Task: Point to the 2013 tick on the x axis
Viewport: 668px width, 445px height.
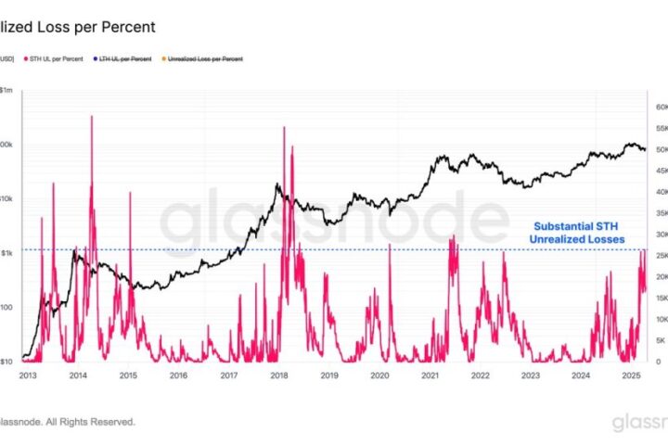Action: (28, 375)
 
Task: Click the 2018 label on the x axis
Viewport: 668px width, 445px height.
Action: (279, 375)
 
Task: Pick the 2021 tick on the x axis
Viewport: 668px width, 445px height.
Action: (430, 375)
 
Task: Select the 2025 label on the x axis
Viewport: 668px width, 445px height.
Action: (631, 375)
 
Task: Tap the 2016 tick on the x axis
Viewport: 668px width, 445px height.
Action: (179, 375)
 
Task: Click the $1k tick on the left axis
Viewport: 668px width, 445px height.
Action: (6, 252)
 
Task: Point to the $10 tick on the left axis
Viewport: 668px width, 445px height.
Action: (6, 362)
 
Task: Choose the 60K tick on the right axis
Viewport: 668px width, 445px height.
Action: (658, 107)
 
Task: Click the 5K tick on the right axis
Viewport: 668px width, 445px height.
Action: (658, 340)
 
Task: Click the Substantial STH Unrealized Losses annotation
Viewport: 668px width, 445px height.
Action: (576, 233)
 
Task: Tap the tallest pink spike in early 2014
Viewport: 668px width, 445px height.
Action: (92, 117)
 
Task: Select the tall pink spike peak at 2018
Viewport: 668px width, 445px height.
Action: (282, 127)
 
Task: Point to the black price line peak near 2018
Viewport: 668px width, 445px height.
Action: (277, 185)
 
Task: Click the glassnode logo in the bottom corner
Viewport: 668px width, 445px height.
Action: (639, 423)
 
